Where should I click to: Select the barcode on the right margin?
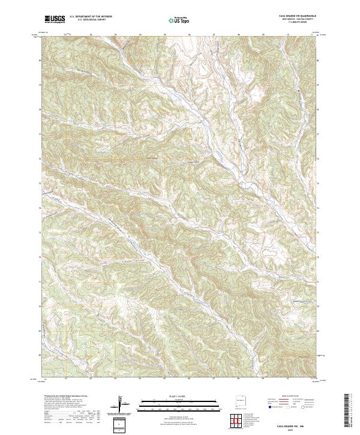[x=349, y=411]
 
